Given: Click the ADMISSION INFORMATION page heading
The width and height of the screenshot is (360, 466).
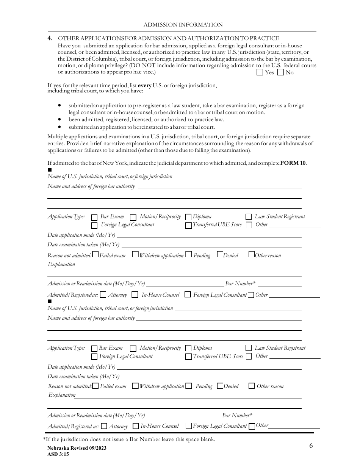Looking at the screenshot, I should (x=183, y=25).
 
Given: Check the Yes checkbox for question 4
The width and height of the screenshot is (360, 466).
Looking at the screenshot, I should (x=260, y=72).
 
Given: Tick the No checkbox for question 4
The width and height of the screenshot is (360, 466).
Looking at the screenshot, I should (x=280, y=72).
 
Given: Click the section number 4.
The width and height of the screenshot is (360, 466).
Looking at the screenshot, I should (x=50, y=38).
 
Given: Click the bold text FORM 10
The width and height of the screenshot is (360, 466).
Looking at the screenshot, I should (x=293, y=163).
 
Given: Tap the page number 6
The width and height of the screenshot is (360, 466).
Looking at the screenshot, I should (x=311, y=446).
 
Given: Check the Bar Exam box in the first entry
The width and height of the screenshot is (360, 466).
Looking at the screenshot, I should (x=94, y=217).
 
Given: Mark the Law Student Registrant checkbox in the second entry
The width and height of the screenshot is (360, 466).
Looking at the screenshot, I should (x=249, y=348).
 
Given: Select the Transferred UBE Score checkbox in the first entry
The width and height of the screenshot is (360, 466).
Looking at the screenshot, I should (x=188, y=225).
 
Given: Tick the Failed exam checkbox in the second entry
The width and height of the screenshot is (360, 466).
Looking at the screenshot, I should (x=95, y=386).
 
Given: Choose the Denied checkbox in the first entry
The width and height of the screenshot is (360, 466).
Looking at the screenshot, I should (x=220, y=255).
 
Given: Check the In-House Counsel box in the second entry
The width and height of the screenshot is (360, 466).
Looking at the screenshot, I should (x=136, y=426).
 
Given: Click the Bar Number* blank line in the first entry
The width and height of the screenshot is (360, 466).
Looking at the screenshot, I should (x=280, y=284).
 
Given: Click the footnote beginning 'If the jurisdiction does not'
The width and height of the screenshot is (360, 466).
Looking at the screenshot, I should (x=129, y=439).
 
